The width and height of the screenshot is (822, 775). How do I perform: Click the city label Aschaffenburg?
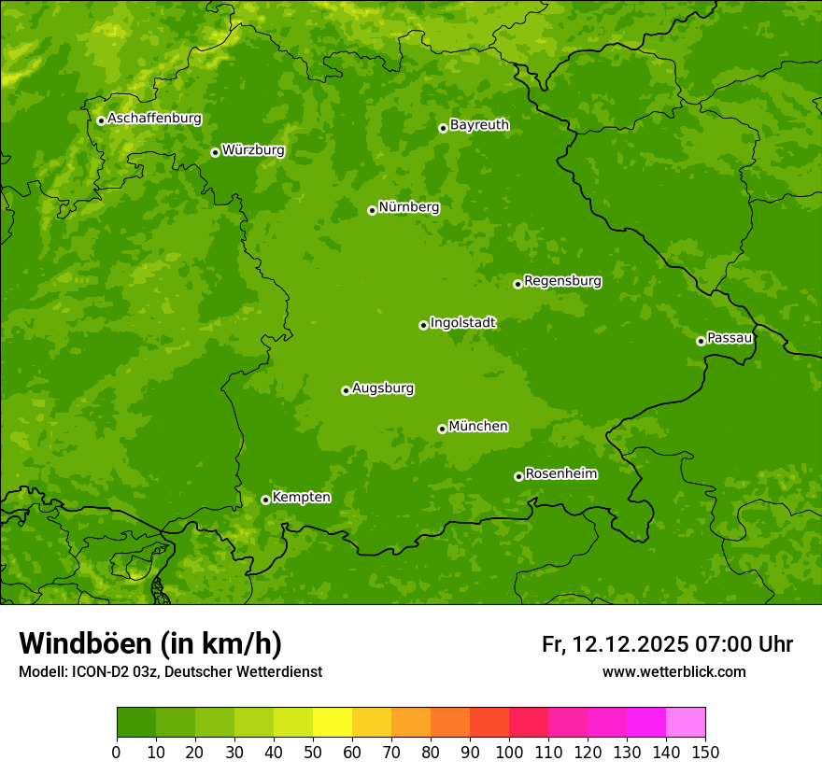(x=154, y=119)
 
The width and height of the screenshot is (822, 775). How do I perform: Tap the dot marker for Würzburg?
(x=215, y=152)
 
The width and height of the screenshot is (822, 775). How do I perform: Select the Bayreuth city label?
(x=479, y=125)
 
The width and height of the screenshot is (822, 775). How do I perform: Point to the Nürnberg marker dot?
(x=372, y=210)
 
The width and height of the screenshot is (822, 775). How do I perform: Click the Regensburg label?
(x=562, y=281)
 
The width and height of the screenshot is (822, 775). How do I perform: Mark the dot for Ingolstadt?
(x=423, y=325)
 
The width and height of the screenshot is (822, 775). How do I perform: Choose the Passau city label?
(x=730, y=338)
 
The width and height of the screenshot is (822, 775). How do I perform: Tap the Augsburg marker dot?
(x=346, y=390)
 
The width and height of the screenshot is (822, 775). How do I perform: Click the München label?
(x=478, y=427)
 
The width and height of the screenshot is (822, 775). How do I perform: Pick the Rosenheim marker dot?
(x=518, y=476)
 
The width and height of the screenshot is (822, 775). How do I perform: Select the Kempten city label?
(x=301, y=498)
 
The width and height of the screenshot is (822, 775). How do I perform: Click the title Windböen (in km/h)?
(x=150, y=643)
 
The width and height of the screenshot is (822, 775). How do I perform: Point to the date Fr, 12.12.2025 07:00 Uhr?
(x=667, y=644)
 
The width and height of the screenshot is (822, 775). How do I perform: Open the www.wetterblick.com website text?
(x=673, y=671)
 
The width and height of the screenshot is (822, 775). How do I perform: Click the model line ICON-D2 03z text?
(x=170, y=671)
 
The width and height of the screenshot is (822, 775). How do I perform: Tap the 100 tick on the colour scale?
(x=509, y=752)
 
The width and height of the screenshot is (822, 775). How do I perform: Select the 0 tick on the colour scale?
(x=117, y=752)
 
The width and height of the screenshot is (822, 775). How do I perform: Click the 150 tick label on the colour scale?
(x=705, y=752)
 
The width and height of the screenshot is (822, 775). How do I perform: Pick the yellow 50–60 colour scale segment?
(x=333, y=723)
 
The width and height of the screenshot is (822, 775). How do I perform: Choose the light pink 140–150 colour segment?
(x=686, y=723)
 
